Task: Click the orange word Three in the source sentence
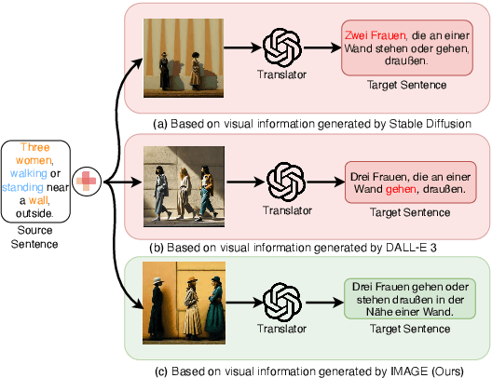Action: click(35, 147)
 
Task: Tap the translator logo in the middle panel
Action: click(283, 180)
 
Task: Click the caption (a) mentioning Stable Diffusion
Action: click(307, 121)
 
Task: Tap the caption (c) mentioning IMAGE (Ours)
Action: click(307, 371)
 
